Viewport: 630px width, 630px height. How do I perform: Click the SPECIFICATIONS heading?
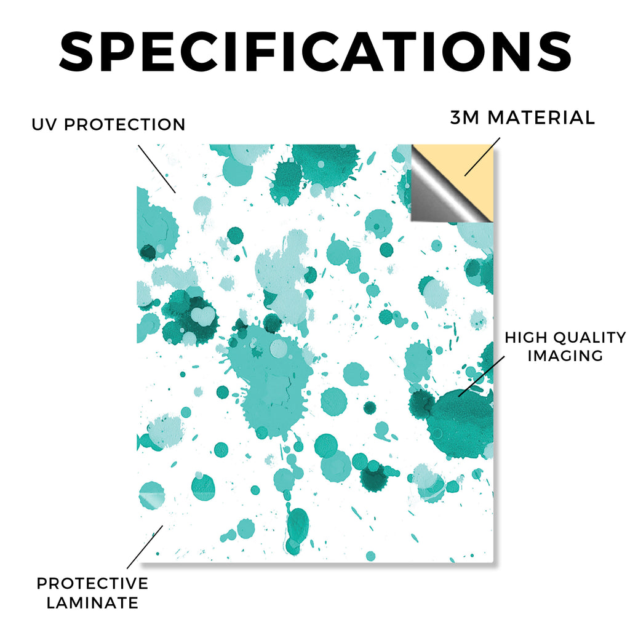coord(315,52)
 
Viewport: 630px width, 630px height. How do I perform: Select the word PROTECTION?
coord(124,124)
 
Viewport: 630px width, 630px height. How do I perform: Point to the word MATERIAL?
coord(541,118)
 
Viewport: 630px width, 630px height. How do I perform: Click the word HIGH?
coord(525,338)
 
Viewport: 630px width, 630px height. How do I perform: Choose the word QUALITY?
coord(589,338)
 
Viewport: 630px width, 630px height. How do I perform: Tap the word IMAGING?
coord(565,356)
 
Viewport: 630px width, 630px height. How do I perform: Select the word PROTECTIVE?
coord(92,583)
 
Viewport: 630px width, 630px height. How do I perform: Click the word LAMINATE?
coord(92,603)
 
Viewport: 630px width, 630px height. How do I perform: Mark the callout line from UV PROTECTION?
coord(157,169)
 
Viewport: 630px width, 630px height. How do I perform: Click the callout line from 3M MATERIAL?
coord(482,157)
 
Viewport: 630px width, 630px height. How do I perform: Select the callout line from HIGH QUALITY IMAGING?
coord(481,376)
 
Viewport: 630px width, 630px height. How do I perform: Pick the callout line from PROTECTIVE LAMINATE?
coord(145,547)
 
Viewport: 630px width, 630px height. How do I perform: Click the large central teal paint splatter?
coord(269,381)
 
